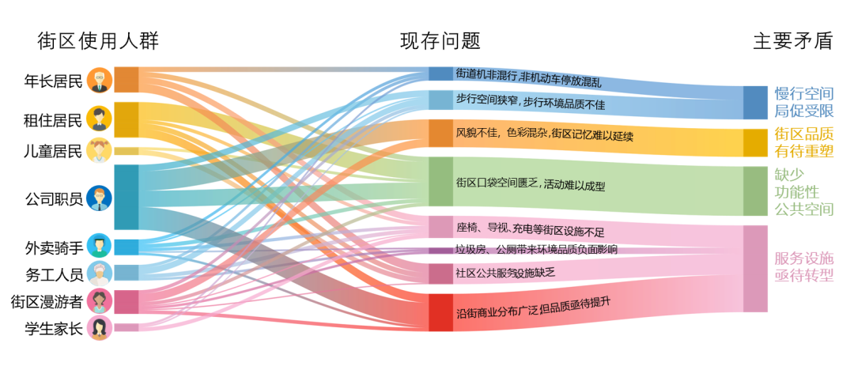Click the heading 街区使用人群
tap(98, 41)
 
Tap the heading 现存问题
tap(440, 41)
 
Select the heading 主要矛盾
tap(792, 41)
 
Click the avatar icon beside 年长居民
tap(99, 81)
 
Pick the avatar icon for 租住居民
tap(99, 119)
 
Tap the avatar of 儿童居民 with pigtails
tap(99, 151)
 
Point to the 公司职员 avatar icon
tap(99, 198)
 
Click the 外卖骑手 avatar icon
tap(99, 247)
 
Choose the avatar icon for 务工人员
tap(99, 274)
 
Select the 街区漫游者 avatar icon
tap(99, 301)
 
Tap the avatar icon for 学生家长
tap(99, 328)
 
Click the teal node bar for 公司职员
tap(127, 197)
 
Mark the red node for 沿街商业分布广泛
tap(440, 312)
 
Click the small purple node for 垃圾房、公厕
tap(440, 251)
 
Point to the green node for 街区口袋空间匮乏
tap(440, 182)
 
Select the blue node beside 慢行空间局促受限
tap(755, 103)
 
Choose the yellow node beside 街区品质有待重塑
tap(755, 143)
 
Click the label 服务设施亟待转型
tap(804, 266)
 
